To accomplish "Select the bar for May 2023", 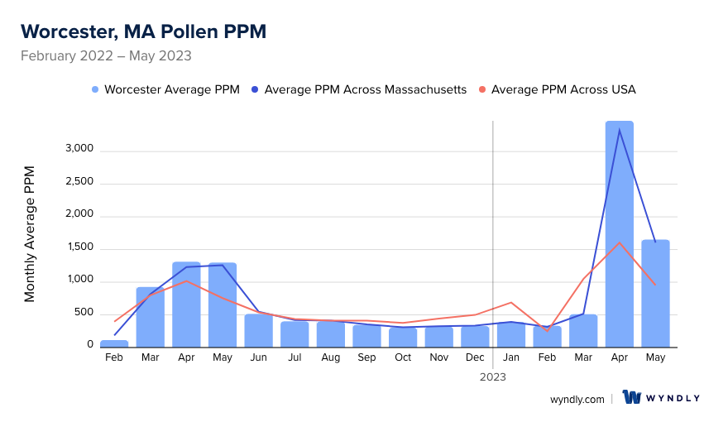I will [655, 293].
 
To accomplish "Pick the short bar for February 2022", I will [114, 343].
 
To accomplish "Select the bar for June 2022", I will [258, 329].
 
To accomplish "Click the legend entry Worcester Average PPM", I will [171, 89].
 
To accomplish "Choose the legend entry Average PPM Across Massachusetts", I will [365, 89].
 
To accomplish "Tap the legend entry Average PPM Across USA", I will [563, 89].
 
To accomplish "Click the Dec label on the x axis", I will [475, 357].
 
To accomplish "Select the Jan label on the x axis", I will [511, 357].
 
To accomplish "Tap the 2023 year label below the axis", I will [493, 376].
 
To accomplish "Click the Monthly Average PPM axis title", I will [30, 233].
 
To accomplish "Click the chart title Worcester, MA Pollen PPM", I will [143, 31].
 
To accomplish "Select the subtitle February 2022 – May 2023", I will [106, 56].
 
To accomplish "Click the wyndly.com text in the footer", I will [577, 399].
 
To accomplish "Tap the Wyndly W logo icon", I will [633, 397].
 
